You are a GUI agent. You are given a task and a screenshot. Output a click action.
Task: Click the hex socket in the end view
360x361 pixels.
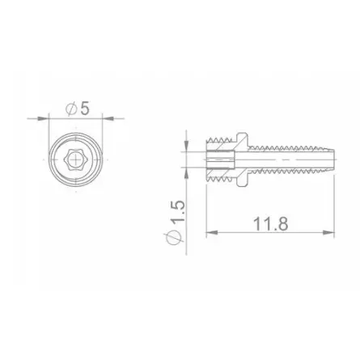point(76,158)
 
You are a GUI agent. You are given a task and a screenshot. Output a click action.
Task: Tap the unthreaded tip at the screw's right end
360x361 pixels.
point(326,158)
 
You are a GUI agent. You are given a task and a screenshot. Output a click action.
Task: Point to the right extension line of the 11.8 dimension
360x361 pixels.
point(333,202)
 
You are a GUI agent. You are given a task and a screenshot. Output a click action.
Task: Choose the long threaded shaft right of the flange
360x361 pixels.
point(283,158)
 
